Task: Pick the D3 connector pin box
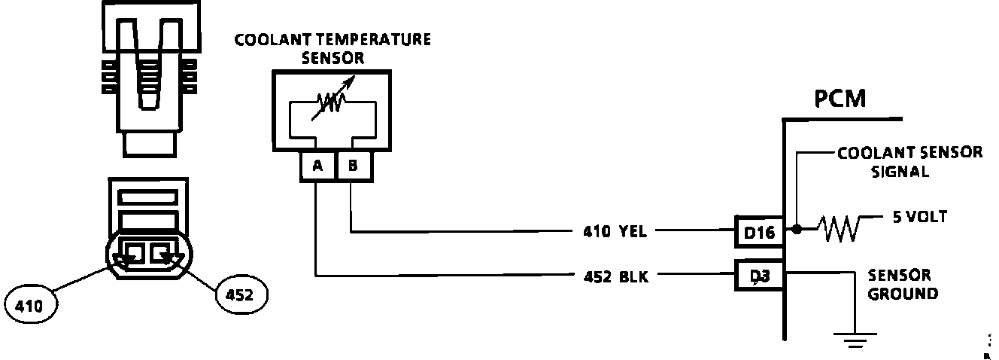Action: (x=759, y=276)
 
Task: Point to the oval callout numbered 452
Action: (x=241, y=294)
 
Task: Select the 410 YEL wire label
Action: (x=614, y=232)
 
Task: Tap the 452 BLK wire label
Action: (x=614, y=276)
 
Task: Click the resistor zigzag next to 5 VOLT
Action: (x=838, y=227)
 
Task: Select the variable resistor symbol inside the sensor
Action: (x=330, y=101)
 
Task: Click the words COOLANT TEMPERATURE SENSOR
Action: (x=333, y=48)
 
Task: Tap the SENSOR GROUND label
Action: (x=903, y=284)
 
